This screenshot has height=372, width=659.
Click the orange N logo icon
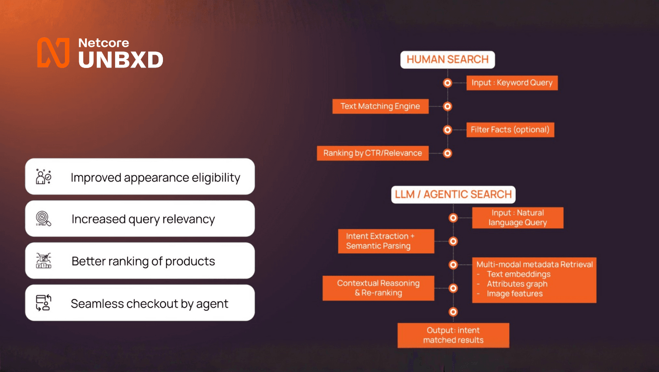(53, 53)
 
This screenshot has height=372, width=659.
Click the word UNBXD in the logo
(121, 60)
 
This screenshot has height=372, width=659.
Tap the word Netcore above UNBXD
(103, 43)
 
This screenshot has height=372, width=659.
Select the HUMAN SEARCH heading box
(447, 59)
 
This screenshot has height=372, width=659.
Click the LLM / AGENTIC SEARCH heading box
(453, 194)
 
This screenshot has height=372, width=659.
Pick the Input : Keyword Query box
(512, 83)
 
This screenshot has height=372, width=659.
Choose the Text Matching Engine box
(380, 106)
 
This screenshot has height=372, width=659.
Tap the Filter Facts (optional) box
(510, 130)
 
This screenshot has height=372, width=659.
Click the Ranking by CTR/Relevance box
(372, 153)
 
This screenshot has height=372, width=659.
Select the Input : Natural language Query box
(518, 218)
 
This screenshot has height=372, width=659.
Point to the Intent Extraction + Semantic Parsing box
(386, 241)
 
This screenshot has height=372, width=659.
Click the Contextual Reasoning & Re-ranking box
(378, 288)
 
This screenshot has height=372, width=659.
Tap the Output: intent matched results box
(453, 335)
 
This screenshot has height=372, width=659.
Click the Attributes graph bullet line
(517, 284)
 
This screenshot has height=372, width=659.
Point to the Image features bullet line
(514, 294)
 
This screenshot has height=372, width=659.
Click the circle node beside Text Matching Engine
(447, 106)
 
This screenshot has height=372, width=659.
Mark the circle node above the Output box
(453, 312)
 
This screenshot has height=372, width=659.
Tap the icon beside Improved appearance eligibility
(43, 177)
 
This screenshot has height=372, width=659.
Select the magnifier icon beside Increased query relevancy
(43, 219)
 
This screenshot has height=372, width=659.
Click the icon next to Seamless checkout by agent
(43, 303)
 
